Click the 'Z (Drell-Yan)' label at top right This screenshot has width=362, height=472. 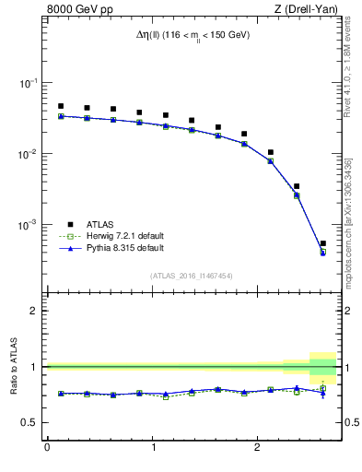(307, 10)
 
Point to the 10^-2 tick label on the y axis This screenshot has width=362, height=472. (28, 154)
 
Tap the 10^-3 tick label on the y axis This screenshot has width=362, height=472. (28, 225)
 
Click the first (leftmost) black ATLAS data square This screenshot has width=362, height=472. (61, 106)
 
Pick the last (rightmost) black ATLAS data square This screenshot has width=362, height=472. (322, 243)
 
